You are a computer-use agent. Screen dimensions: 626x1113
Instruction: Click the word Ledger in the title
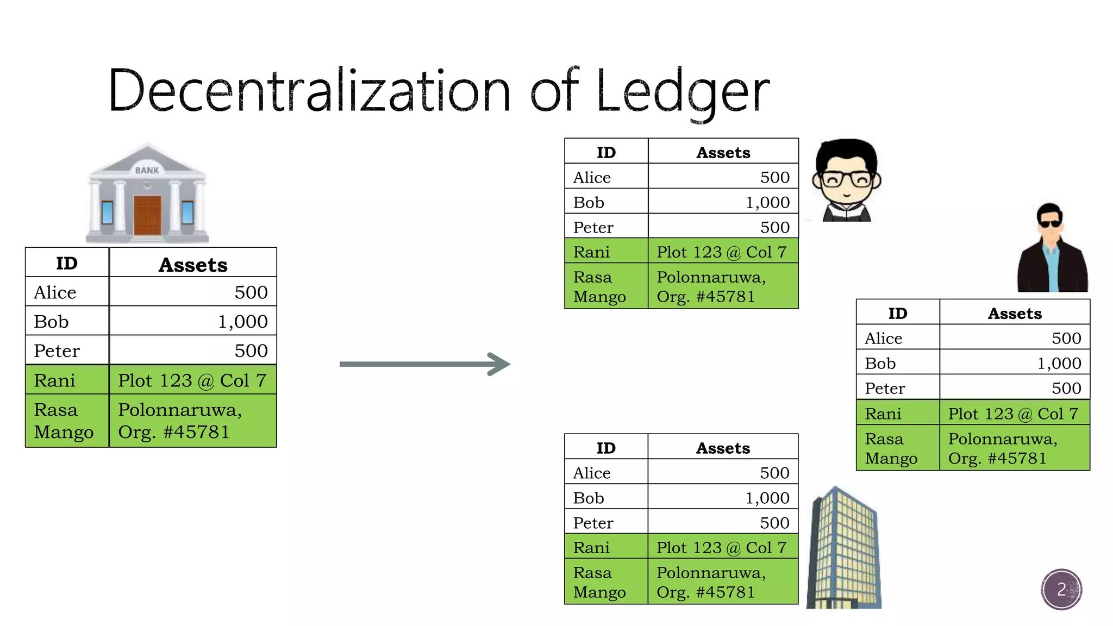click(x=683, y=91)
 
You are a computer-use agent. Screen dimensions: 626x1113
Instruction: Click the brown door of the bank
click(x=147, y=215)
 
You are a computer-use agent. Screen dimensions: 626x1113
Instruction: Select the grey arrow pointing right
click(x=424, y=364)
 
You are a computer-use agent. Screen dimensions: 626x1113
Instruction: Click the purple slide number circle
click(x=1061, y=590)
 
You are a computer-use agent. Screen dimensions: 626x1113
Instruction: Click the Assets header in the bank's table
click(x=193, y=265)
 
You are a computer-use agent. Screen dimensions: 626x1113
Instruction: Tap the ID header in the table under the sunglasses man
click(x=897, y=314)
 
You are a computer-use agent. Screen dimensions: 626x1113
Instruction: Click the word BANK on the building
click(x=147, y=171)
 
